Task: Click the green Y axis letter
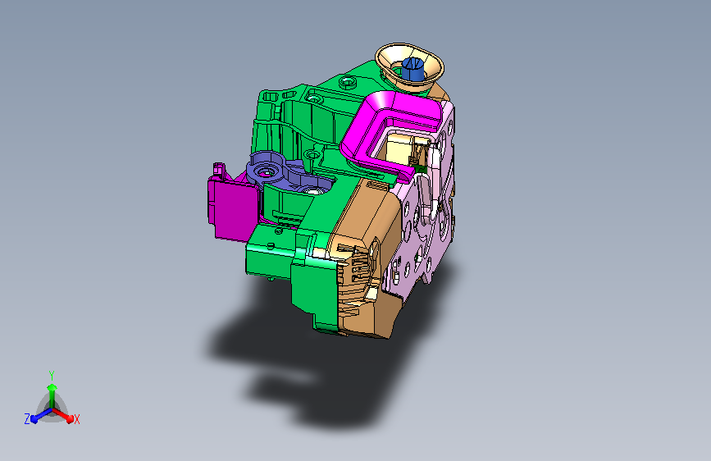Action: pyautogui.click(x=52, y=375)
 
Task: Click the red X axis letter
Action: pyautogui.click(x=76, y=419)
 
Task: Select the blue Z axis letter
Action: pyautogui.click(x=27, y=419)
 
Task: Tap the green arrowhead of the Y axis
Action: pyautogui.click(x=52, y=387)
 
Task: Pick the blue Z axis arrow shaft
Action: pyautogui.click(x=44, y=413)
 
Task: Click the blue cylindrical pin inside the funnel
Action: pyautogui.click(x=412, y=68)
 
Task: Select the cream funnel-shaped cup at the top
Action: pyautogui.click(x=409, y=66)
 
